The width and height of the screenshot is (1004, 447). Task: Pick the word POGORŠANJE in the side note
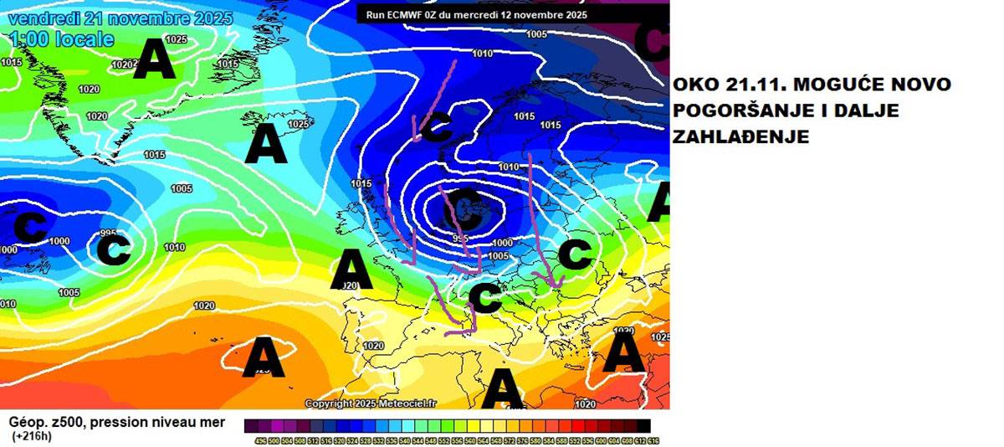pyautogui.click(x=735, y=111)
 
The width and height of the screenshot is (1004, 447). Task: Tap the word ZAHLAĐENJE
pyautogui.click(x=742, y=137)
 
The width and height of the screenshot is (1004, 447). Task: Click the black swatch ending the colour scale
pyautogui.click(x=643, y=425)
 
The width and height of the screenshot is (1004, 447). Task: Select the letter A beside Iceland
pyautogui.click(x=266, y=144)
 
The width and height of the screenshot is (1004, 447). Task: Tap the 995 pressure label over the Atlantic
pyautogui.click(x=107, y=233)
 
